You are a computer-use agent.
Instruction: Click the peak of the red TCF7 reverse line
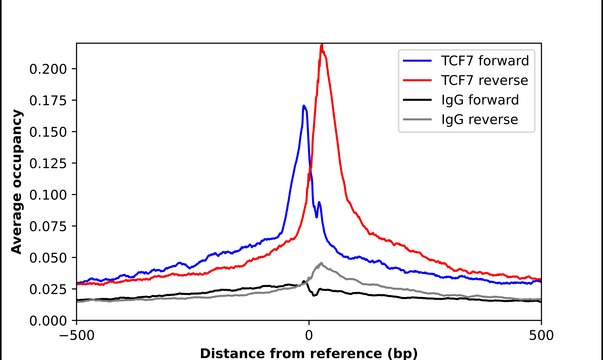(321, 45)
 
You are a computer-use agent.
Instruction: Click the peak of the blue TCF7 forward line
(304, 105)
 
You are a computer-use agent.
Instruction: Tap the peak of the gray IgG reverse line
(319, 263)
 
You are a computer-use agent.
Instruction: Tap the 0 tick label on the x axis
(309, 335)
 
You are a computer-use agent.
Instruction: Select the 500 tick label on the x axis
(540, 335)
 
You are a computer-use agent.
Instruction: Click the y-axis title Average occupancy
(17, 182)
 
